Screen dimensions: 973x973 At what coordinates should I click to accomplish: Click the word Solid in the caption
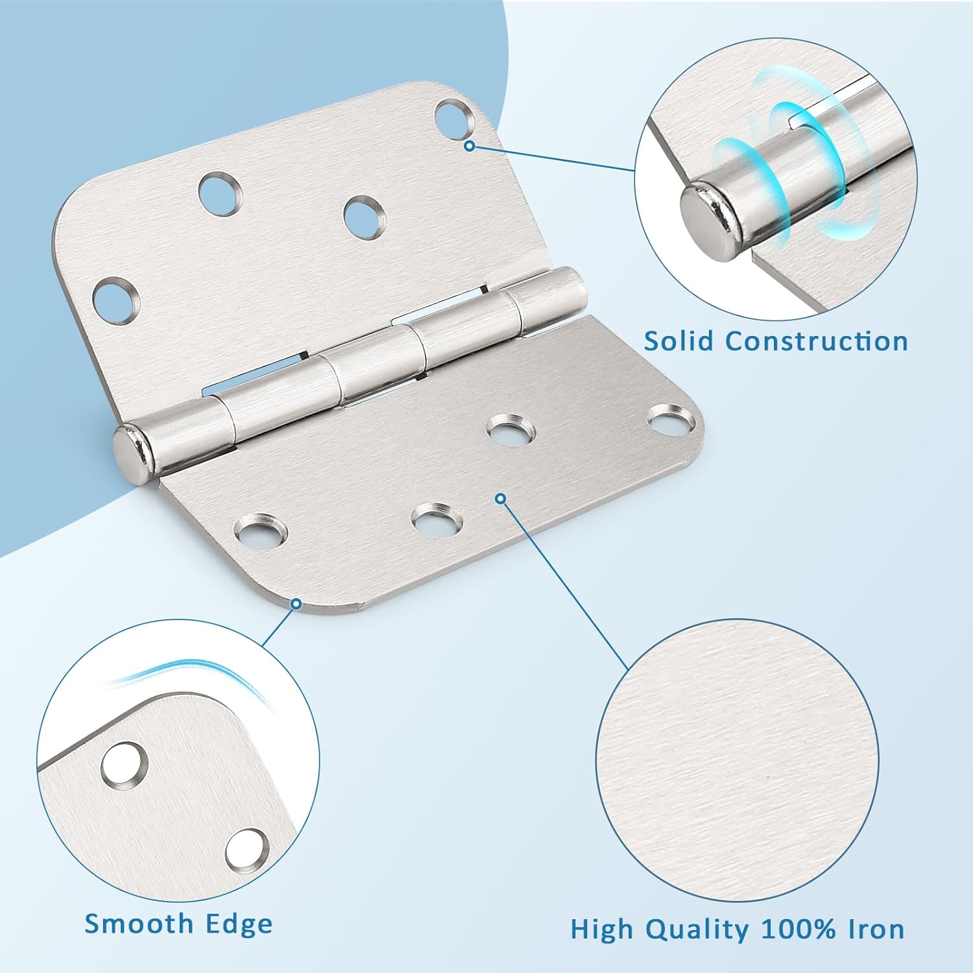click(x=679, y=341)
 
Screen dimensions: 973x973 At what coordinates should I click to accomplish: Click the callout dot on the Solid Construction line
click(x=470, y=147)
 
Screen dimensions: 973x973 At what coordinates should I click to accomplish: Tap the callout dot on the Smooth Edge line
click(x=296, y=604)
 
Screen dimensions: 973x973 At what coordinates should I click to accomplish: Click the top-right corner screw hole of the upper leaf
click(x=452, y=117)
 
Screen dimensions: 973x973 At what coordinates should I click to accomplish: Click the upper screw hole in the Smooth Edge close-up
click(x=125, y=763)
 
